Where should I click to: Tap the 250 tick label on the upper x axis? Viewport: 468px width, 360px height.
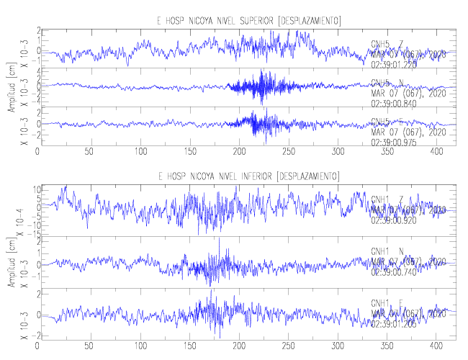click(188, 152)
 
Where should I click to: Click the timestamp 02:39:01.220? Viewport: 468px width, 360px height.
click(395, 63)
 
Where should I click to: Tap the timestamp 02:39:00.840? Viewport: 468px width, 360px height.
click(395, 102)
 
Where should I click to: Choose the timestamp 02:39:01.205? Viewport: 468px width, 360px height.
click(395, 322)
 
